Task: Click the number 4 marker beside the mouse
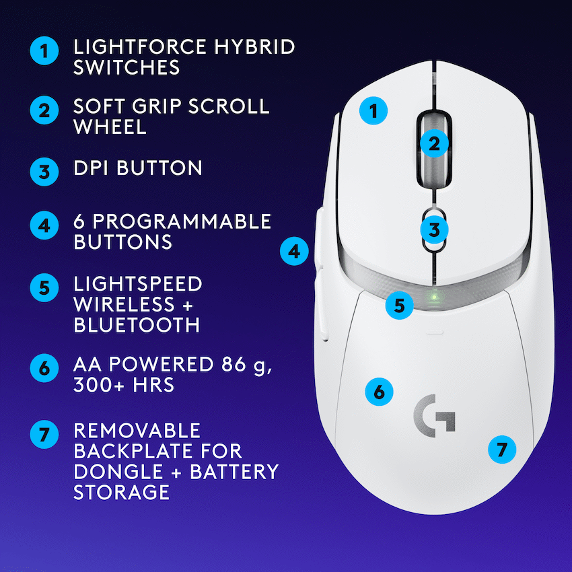click(294, 252)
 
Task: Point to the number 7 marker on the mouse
click(501, 449)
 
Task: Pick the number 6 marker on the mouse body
click(380, 391)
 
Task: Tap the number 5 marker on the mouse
click(400, 305)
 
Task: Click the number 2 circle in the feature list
click(44, 110)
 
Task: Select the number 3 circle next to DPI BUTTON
click(44, 171)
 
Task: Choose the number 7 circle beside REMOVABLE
click(44, 434)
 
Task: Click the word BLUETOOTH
click(137, 324)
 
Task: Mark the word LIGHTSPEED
click(138, 284)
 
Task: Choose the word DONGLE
click(122, 471)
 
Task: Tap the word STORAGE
click(121, 492)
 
